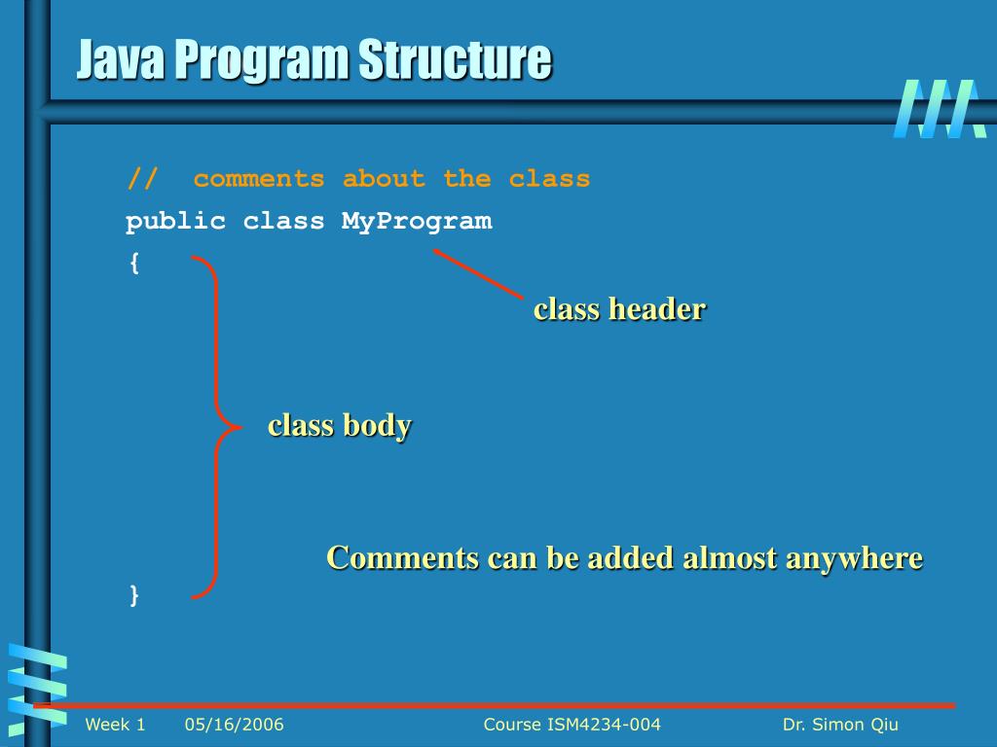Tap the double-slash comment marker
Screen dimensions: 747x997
coord(141,180)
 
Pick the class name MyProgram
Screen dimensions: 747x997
coord(417,222)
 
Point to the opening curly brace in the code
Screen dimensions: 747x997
coord(133,264)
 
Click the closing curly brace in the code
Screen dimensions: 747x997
coord(133,595)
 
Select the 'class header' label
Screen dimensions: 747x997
coord(619,309)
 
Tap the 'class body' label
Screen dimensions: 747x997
coord(340,426)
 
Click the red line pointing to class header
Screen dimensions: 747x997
coord(478,273)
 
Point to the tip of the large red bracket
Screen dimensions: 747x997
coord(239,427)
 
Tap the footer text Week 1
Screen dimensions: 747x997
coord(115,725)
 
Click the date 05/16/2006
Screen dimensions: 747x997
coord(234,725)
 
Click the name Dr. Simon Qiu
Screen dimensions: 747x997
coord(840,725)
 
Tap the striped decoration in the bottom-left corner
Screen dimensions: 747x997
coord(37,686)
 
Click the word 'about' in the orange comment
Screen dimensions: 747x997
coord(384,180)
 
